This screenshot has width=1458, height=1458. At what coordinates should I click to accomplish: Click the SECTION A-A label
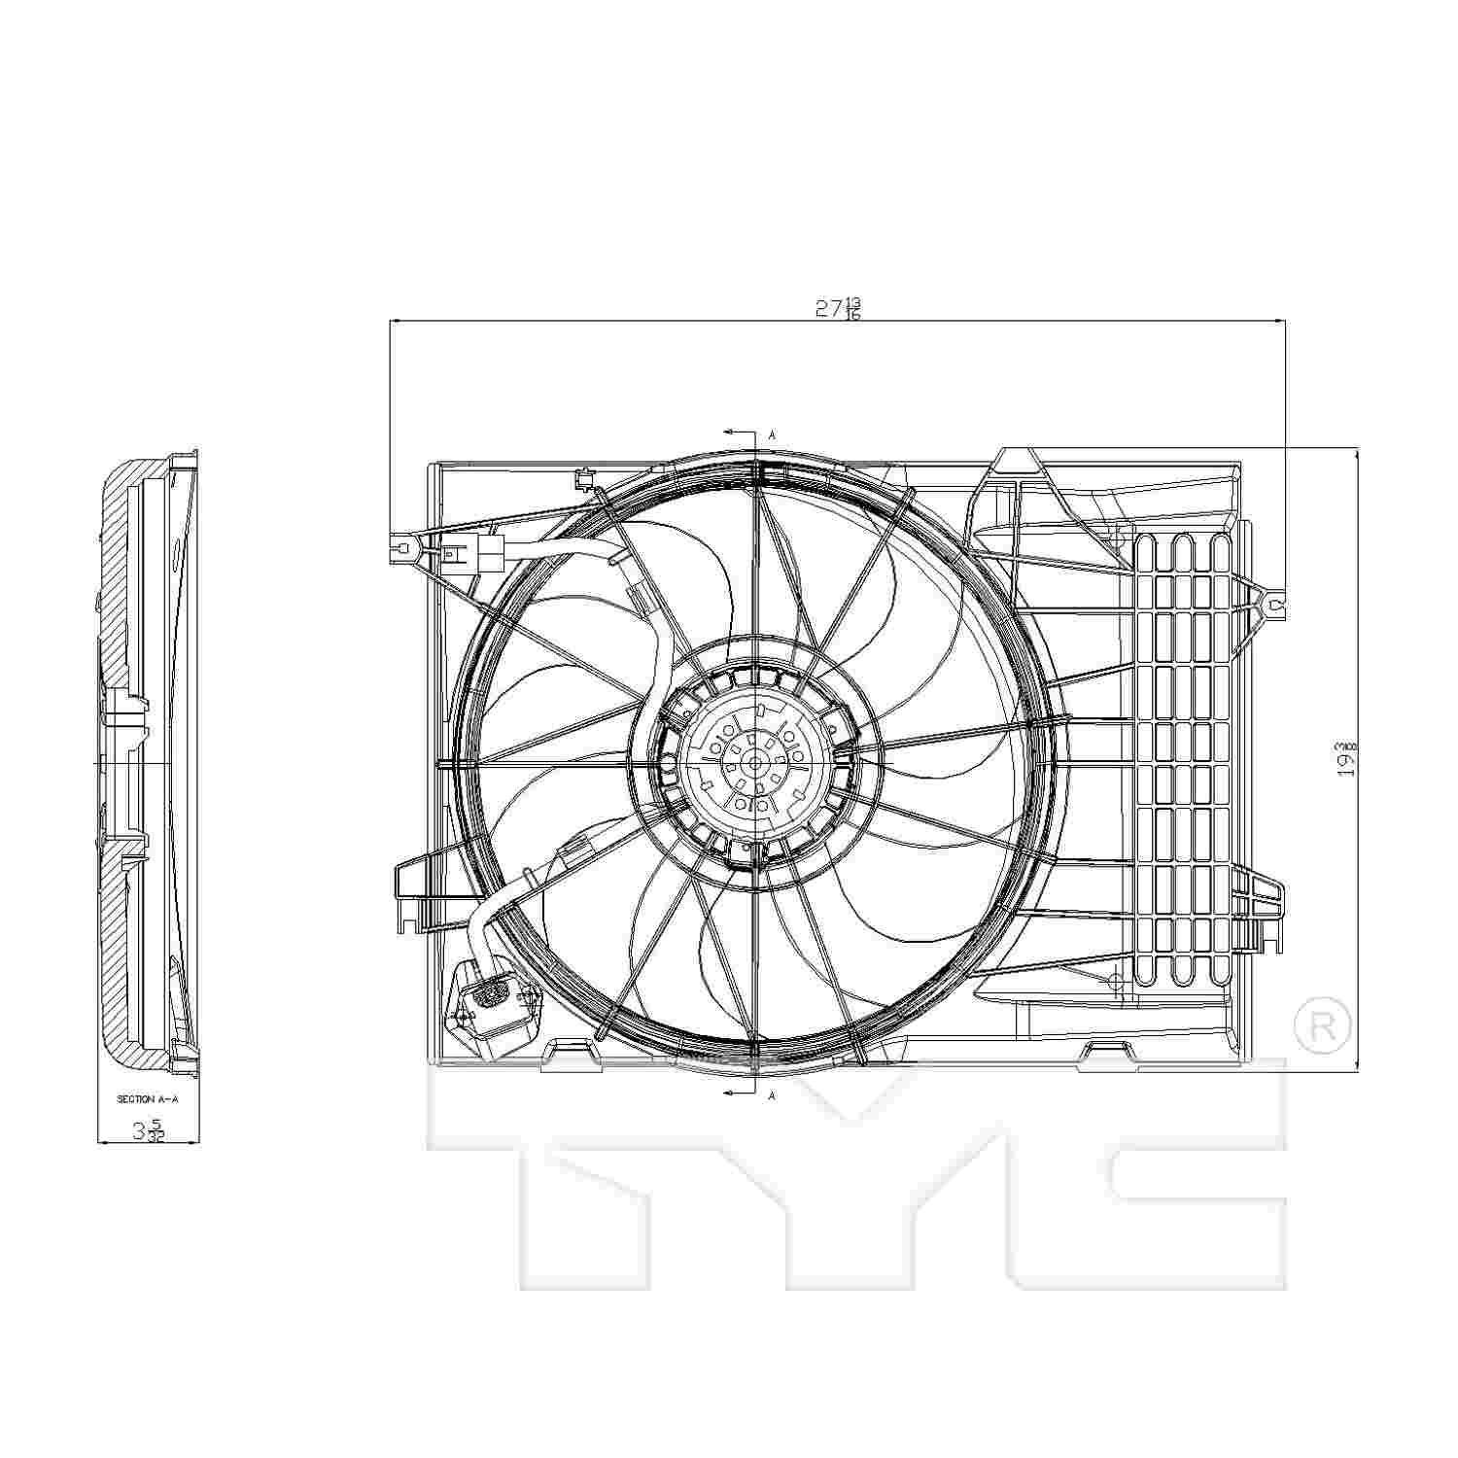pos(149,1099)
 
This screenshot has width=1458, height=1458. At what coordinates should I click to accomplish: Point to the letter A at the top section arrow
pos(772,435)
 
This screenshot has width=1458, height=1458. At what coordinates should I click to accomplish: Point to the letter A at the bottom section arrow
pos(772,1095)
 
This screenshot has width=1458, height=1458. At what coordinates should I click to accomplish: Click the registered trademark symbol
pos(1323,1026)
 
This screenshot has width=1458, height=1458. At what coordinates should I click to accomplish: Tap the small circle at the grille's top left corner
pos(1118,536)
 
